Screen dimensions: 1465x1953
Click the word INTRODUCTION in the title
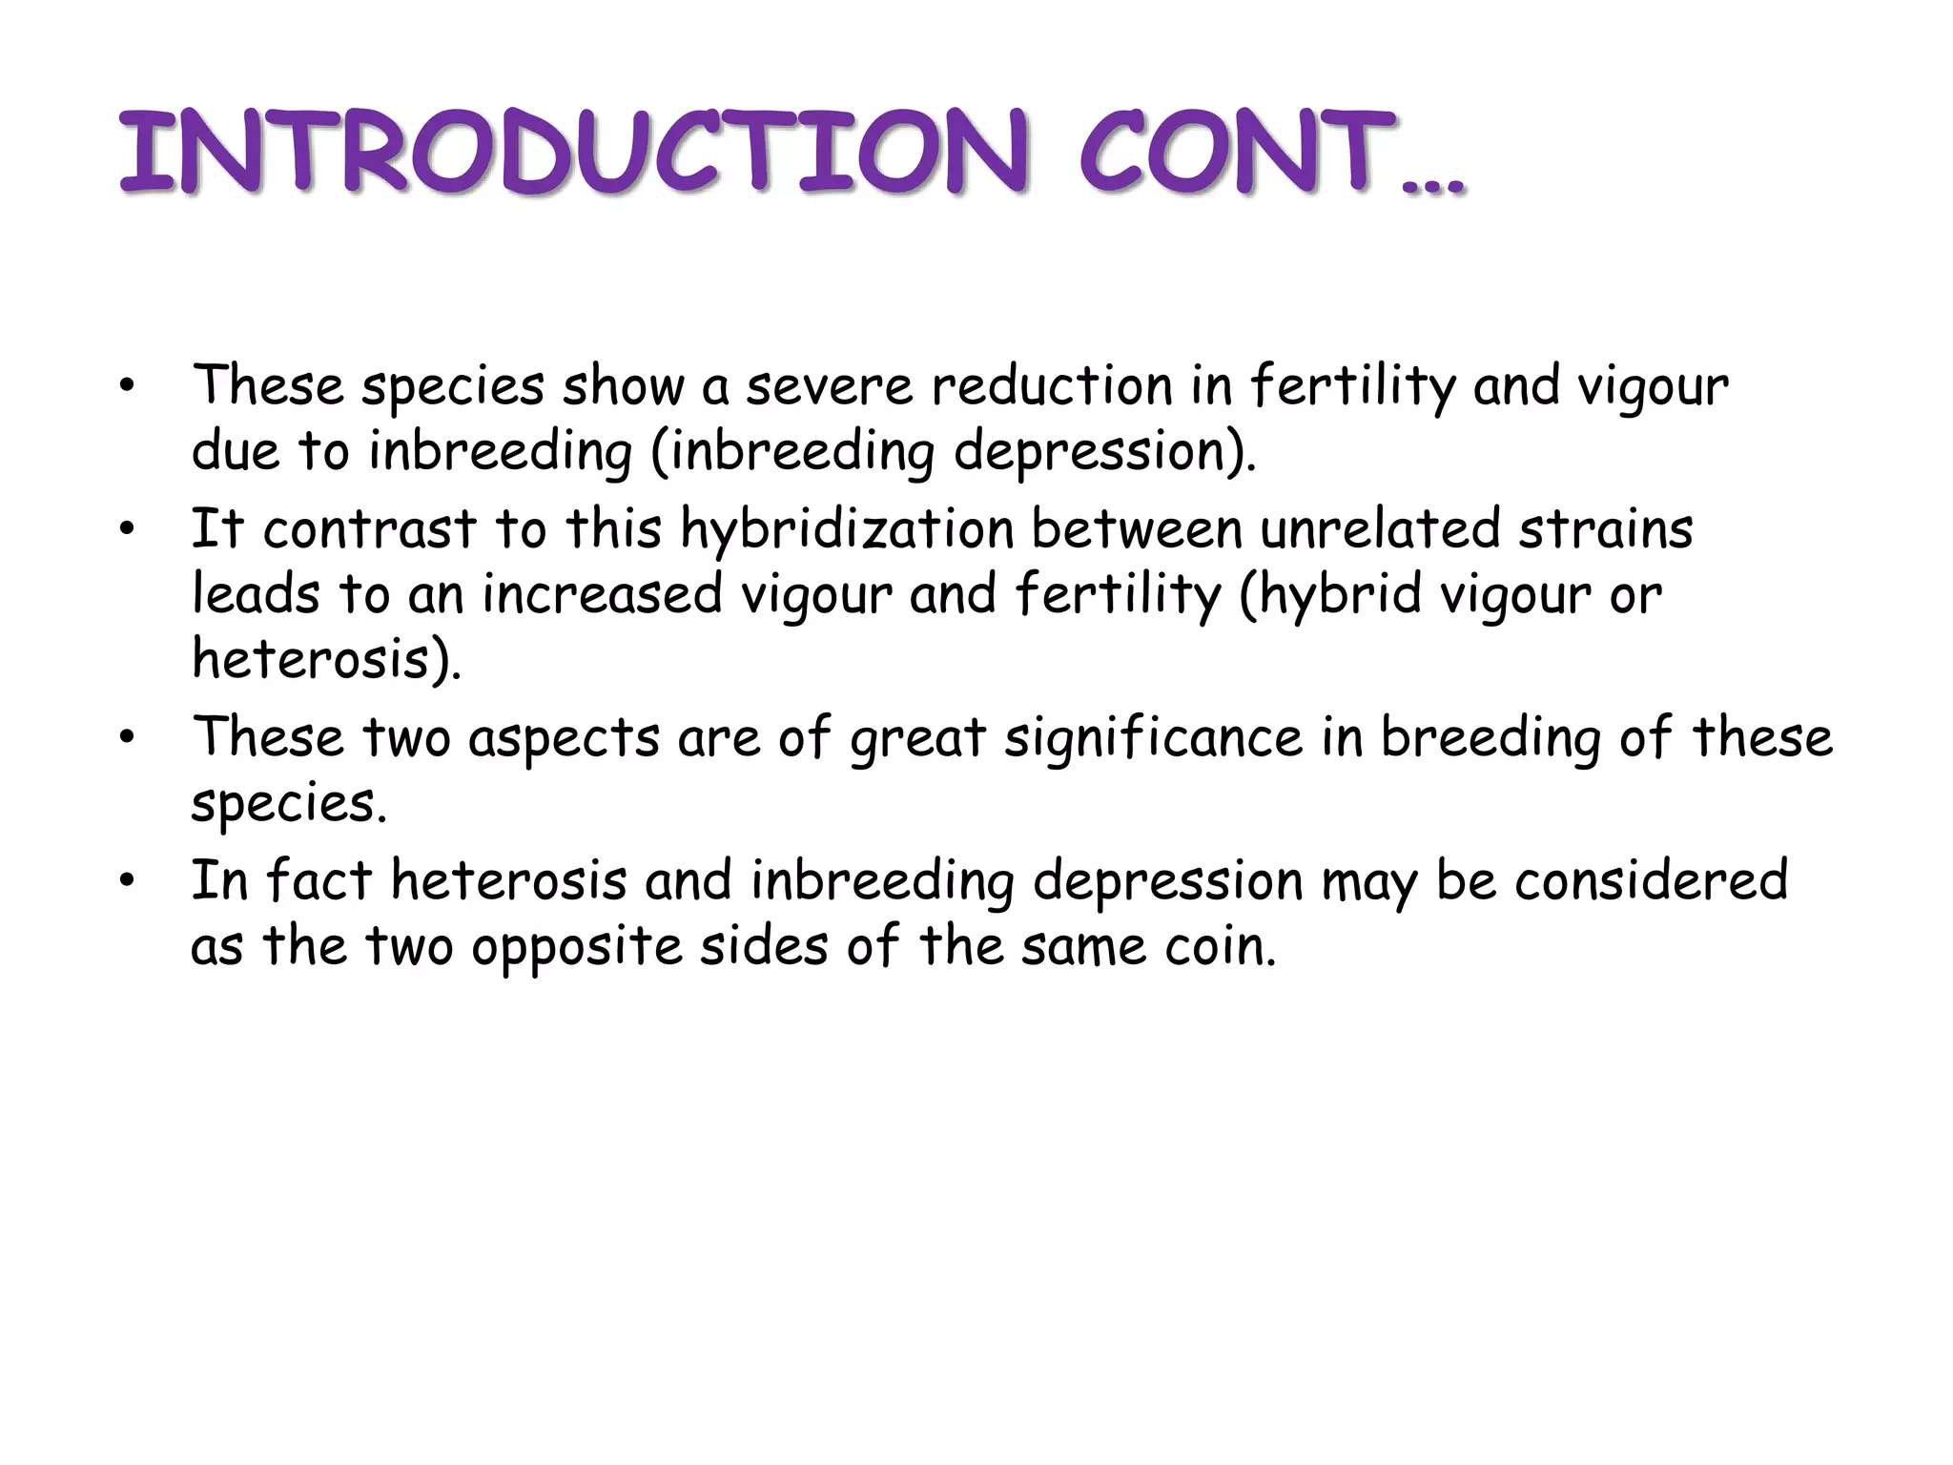pyautogui.click(x=572, y=153)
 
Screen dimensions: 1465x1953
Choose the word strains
pyautogui.click(x=1606, y=528)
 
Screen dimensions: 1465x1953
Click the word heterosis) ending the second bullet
pyautogui.click(x=326, y=659)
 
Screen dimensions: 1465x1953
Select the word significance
pyautogui.click(x=1153, y=737)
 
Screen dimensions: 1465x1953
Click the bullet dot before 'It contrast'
pyautogui.click(x=127, y=530)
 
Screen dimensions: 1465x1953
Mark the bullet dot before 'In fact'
pyautogui.click(x=127, y=881)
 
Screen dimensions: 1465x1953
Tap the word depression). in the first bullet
pyautogui.click(x=1105, y=451)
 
